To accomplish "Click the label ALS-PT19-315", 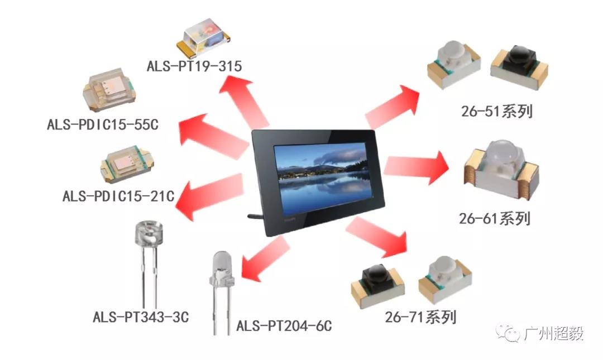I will [194, 66].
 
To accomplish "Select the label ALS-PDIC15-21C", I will [118, 196].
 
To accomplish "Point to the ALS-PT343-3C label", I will [141, 318].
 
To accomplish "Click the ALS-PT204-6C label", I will [284, 325].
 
